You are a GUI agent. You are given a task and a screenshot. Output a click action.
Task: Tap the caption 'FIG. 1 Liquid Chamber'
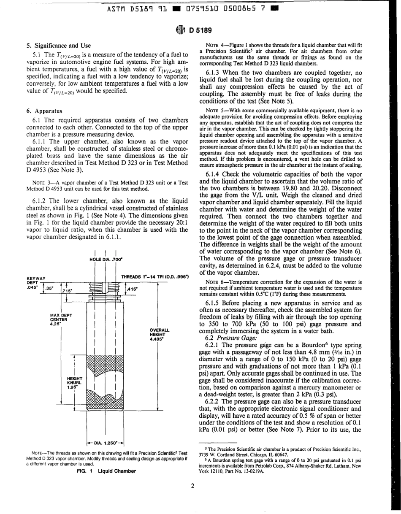pos(109,471)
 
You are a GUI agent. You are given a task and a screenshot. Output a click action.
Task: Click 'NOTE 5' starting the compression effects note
pos(213,111)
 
